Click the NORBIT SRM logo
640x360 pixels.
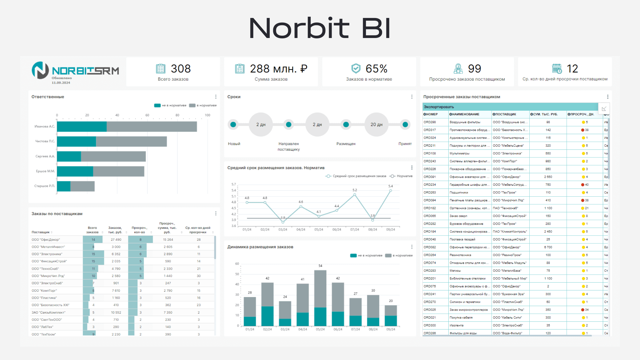click(x=75, y=71)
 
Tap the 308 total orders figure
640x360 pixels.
click(x=181, y=69)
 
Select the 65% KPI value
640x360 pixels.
click(x=376, y=69)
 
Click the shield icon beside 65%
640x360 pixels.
click(x=356, y=68)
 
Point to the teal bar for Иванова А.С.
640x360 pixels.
click(x=82, y=127)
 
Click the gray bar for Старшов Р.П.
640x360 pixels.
click(x=82, y=186)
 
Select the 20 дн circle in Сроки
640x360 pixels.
click(x=376, y=125)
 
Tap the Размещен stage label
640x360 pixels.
click(x=346, y=144)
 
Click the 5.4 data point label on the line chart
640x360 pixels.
click(x=390, y=186)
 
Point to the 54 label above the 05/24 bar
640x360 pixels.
click(x=320, y=266)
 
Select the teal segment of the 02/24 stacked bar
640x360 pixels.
click(x=267, y=316)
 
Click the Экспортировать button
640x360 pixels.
click(x=439, y=107)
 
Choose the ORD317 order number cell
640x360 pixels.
click(x=430, y=130)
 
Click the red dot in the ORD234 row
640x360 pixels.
click(x=583, y=185)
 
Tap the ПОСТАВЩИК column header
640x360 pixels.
click(x=505, y=114)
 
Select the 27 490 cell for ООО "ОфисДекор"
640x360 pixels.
click(x=116, y=240)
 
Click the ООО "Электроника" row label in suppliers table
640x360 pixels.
click(x=47, y=254)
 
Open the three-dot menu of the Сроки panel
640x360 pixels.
click(x=412, y=97)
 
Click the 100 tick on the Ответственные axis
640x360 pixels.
click(x=207, y=115)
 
